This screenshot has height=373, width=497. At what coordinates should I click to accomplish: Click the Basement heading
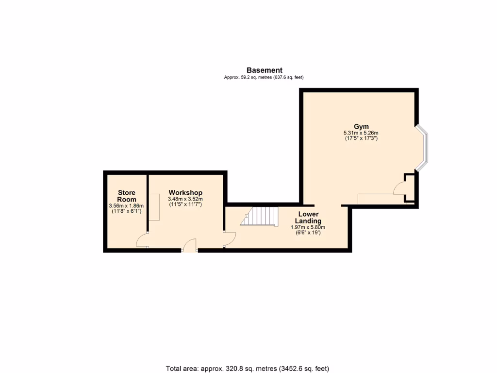pyautogui.click(x=264, y=70)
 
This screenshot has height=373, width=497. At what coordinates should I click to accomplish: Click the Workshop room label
pyautogui.click(x=185, y=193)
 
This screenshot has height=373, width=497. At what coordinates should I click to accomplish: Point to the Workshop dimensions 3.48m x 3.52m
pyautogui.click(x=185, y=199)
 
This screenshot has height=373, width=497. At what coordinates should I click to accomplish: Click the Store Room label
pyautogui.click(x=127, y=196)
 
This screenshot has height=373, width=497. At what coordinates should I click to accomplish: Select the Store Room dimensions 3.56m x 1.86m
pyautogui.click(x=127, y=206)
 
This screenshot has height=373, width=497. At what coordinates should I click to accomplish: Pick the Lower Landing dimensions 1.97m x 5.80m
pyautogui.click(x=308, y=227)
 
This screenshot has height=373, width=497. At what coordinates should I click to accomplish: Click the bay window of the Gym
pyautogui.click(x=423, y=148)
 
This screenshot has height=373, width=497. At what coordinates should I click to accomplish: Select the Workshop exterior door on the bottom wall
pyautogui.click(x=189, y=246)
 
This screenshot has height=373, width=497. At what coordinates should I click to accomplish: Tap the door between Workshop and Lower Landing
pyautogui.click(x=229, y=238)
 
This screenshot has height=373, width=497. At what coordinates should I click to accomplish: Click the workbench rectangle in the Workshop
pyautogui.click(x=154, y=207)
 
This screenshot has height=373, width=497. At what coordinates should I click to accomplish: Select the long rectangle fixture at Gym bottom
pyautogui.click(x=381, y=199)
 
